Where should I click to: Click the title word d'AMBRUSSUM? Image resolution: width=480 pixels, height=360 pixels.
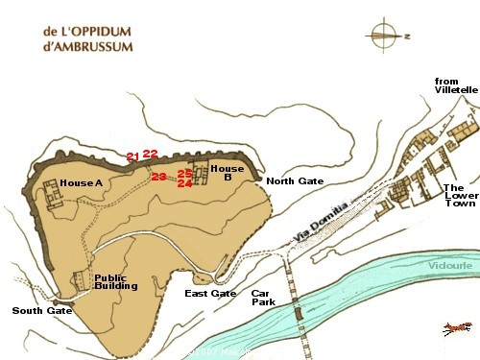click(x=87, y=45)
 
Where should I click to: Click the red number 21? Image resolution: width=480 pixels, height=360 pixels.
click(x=133, y=156)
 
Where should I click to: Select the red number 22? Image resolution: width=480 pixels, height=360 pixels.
click(x=150, y=153)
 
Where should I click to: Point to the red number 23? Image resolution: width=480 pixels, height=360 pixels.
click(x=158, y=175)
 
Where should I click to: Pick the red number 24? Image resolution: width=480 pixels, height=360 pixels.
click(x=185, y=182)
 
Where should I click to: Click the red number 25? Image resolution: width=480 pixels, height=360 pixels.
click(x=185, y=173)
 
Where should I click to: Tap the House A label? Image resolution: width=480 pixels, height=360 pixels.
click(x=81, y=182)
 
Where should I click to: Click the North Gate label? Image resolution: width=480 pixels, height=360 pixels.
click(x=295, y=181)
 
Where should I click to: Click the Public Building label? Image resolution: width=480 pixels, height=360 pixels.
click(x=117, y=282)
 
